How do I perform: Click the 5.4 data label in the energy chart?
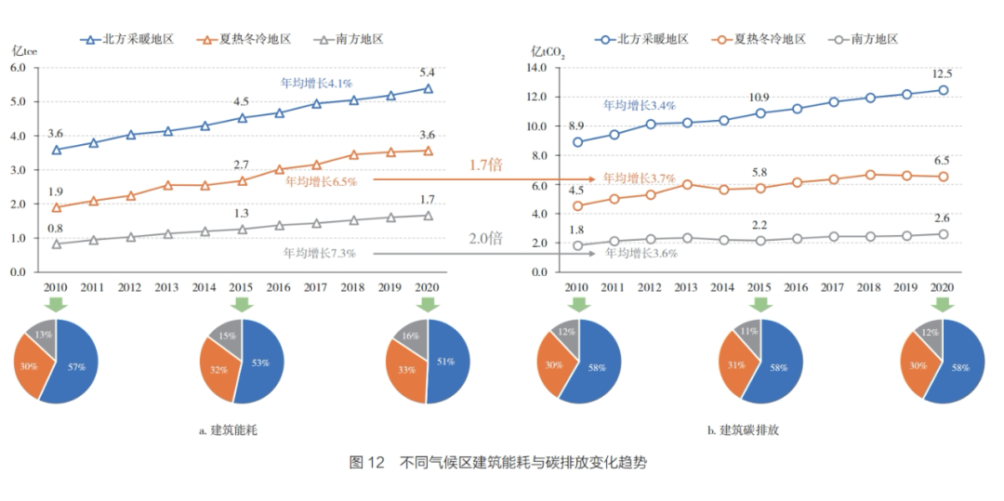(x=428, y=73)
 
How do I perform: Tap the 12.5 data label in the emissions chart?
(x=942, y=73)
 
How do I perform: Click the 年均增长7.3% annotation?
(x=321, y=253)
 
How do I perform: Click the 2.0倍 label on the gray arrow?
(x=484, y=238)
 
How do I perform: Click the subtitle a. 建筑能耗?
(x=229, y=430)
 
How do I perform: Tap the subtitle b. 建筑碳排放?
(x=744, y=430)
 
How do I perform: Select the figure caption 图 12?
(x=366, y=463)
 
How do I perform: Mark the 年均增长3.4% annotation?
(x=639, y=105)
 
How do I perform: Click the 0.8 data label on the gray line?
(x=55, y=228)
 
